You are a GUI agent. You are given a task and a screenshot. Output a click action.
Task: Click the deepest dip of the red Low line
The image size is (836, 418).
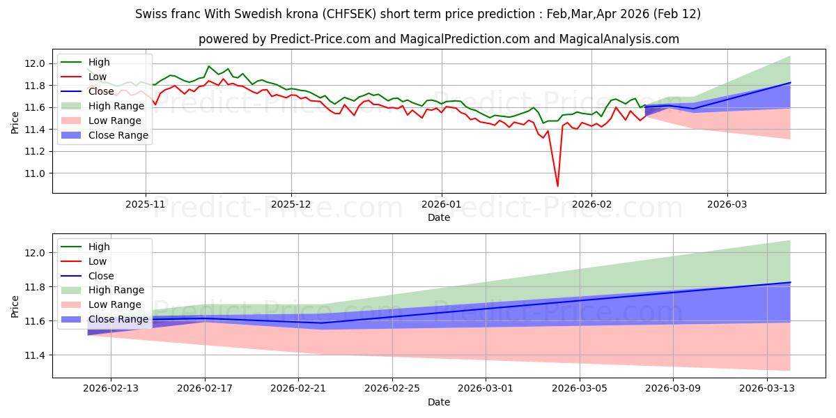click(557, 186)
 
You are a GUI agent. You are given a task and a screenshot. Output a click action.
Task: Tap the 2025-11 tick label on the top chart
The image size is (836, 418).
click(146, 205)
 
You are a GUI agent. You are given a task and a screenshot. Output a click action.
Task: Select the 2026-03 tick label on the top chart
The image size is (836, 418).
click(727, 205)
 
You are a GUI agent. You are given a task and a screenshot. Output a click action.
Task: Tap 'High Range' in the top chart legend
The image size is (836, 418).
click(116, 106)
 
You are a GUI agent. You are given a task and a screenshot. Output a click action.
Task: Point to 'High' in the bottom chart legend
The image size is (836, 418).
click(99, 247)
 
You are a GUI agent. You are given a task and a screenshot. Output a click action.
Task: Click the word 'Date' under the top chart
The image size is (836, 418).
click(439, 217)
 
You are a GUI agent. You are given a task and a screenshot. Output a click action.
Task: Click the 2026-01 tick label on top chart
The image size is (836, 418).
click(441, 205)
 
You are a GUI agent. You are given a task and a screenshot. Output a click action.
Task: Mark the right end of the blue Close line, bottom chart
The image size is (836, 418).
click(790, 282)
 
